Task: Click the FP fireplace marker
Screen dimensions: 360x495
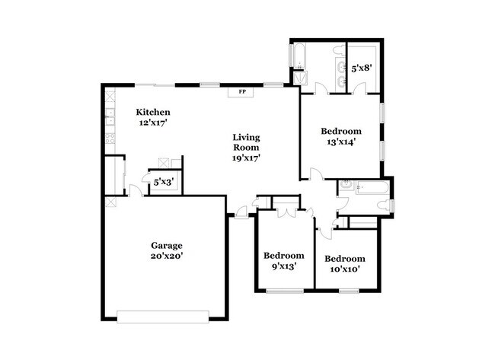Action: pyautogui.click(x=243, y=93)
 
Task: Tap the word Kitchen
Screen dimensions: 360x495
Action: pyautogui.click(x=153, y=112)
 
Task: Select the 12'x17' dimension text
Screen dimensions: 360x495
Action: pyautogui.click(x=153, y=123)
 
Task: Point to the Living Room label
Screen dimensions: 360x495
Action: pyautogui.click(x=246, y=142)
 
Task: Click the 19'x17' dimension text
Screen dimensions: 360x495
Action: pyautogui.click(x=247, y=158)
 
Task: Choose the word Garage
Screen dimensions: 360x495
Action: pyautogui.click(x=165, y=245)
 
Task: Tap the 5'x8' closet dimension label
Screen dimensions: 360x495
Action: pyautogui.click(x=360, y=68)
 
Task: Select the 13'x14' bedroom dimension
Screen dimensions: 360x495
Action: pyautogui.click(x=341, y=141)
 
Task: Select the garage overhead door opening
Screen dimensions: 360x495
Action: pyautogui.click(x=163, y=314)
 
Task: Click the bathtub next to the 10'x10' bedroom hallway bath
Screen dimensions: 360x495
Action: pyautogui.click(x=373, y=186)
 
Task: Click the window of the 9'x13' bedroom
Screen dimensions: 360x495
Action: pyautogui.click(x=284, y=290)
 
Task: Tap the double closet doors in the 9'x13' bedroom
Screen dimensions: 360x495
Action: pyautogui.click(x=286, y=210)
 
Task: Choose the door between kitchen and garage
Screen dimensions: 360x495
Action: pyautogui.click(x=134, y=191)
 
